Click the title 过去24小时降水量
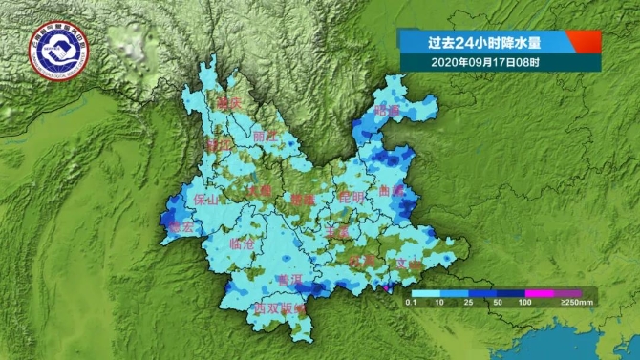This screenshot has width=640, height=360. pyautogui.click(x=482, y=42)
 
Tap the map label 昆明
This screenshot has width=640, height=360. pyautogui.click(x=352, y=197)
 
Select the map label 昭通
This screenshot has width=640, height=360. pyautogui.click(x=388, y=111)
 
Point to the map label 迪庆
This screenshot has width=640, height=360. pyautogui.click(x=226, y=102)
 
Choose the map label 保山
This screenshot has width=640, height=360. pyautogui.click(x=205, y=200)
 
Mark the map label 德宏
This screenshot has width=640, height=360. pyautogui.click(x=181, y=227)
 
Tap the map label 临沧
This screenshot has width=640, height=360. pyautogui.click(x=243, y=244)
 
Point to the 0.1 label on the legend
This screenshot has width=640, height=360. pyautogui.click(x=410, y=303)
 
